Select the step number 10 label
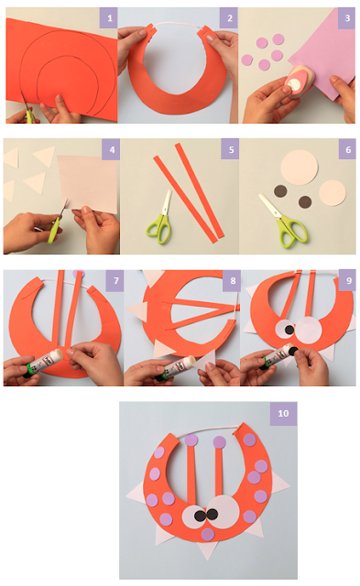[283, 413]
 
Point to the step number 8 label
[232, 280]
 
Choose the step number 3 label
[346, 18]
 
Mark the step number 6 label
[347, 149]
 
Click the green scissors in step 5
[160, 219]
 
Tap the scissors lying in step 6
[284, 222]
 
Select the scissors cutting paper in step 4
[56, 222]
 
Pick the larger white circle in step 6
[299, 167]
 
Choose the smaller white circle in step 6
[333, 193]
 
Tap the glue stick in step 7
[43, 362]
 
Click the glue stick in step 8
[175, 366]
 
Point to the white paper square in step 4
[88, 183]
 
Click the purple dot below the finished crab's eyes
[208, 534]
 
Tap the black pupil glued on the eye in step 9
[289, 330]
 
